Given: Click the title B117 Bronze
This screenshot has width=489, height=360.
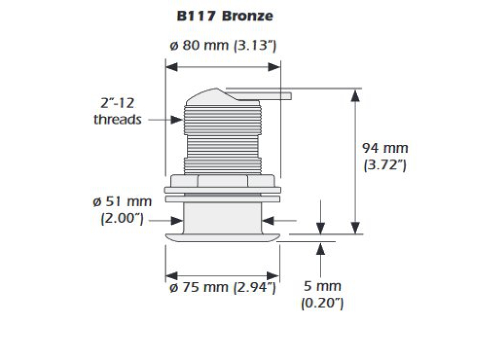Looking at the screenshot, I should click(x=224, y=16).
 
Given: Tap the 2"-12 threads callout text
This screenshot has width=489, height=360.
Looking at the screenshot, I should click(x=117, y=112).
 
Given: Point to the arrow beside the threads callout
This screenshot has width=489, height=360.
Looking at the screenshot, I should click(x=165, y=120).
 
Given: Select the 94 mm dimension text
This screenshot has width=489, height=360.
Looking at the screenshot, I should click(x=385, y=149).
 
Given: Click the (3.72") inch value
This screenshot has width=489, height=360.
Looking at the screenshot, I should click(x=385, y=166).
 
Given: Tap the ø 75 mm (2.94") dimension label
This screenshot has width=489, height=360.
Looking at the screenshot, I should click(x=222, y=287).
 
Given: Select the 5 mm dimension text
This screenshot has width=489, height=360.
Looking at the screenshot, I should click(x=322, y=286).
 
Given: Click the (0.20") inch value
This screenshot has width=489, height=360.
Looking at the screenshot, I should click(x=322, y=303).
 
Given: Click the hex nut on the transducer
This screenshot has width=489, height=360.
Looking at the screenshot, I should click(x=222, y=181).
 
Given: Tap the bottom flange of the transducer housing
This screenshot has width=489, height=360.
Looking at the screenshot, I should click(x=222, y=236).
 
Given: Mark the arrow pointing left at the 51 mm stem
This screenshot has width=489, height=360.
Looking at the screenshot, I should click(x=270, y=221).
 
